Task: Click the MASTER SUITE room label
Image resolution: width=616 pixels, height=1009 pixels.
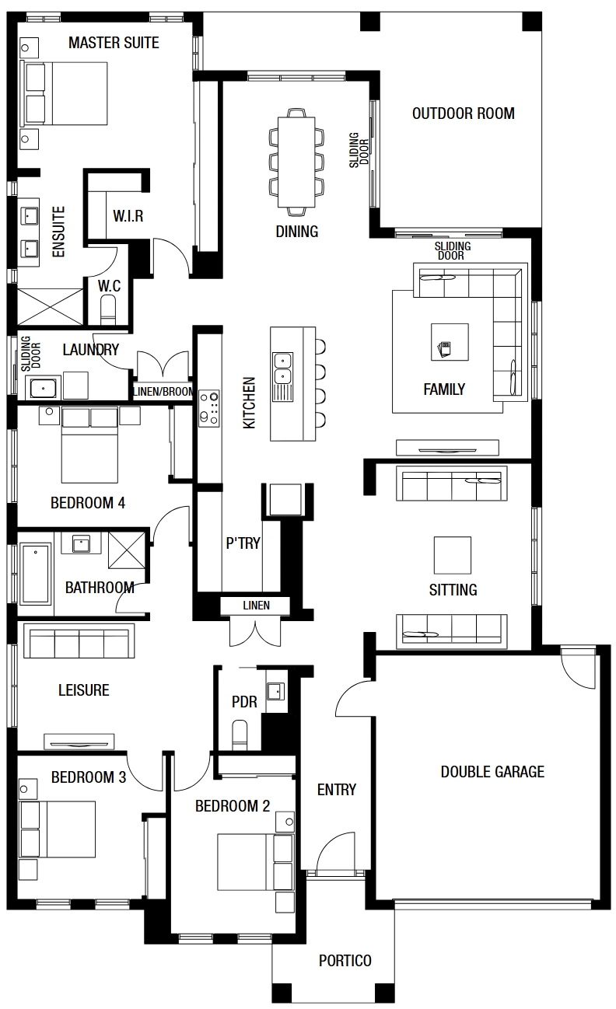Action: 114,43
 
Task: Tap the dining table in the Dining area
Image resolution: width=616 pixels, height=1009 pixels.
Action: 296,162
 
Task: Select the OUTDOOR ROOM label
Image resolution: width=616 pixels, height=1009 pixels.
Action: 464,113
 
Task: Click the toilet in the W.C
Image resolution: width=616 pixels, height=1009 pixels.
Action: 108,312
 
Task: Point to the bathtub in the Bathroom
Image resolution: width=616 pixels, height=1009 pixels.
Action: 35,574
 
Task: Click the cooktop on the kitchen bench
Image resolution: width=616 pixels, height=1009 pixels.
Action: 209,408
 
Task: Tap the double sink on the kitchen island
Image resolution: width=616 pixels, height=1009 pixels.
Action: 282,369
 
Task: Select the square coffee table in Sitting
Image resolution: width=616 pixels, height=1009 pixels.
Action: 453,555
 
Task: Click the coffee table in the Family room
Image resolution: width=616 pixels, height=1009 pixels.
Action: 450,342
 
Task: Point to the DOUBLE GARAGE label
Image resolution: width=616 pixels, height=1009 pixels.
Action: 492,772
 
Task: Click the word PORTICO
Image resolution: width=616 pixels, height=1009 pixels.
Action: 345,961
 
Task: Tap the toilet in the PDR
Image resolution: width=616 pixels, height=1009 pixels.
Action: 240,735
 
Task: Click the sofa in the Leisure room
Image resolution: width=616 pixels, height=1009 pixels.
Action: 79,641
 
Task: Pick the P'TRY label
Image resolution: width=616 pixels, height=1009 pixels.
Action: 243,543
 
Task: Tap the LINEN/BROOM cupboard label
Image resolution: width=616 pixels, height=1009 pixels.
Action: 163,392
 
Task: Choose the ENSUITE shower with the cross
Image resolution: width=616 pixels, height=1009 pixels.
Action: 50,307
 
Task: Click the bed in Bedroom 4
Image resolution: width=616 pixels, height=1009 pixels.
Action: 89,445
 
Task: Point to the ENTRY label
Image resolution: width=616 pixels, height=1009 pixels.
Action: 337,790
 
